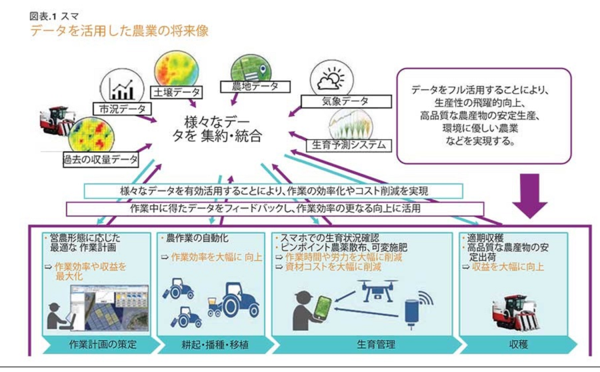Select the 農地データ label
coord(255,86)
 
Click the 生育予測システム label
coord(346,144)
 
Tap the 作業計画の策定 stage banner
coord(99,345)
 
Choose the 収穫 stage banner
coord(519,345)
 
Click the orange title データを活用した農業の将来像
coord(119,31)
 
